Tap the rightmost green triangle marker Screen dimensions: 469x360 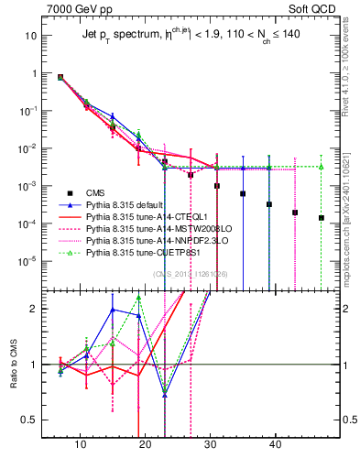click(x=322, y=167)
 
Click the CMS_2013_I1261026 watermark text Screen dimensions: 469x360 click(x=188, y=274)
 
